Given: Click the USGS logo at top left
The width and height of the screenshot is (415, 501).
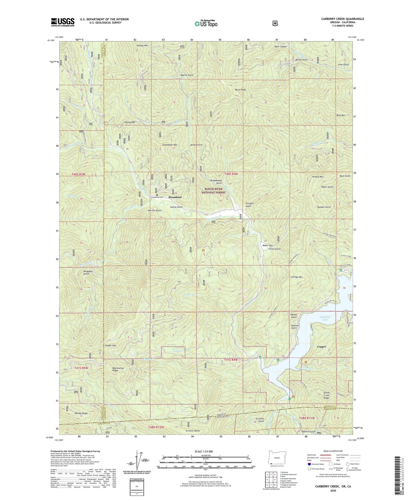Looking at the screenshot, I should click(x=63, y=22).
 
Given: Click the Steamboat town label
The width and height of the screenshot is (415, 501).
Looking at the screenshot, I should click(x=175, y=197).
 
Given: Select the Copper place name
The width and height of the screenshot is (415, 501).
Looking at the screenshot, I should click(x=321, y=347).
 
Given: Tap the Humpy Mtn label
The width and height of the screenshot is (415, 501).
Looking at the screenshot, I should click(x=142, y=46).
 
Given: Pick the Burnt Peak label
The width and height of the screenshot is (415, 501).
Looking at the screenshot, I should click(x=240, y=90).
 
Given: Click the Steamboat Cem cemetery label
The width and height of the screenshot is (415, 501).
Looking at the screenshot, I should click(x=157, y=197).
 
